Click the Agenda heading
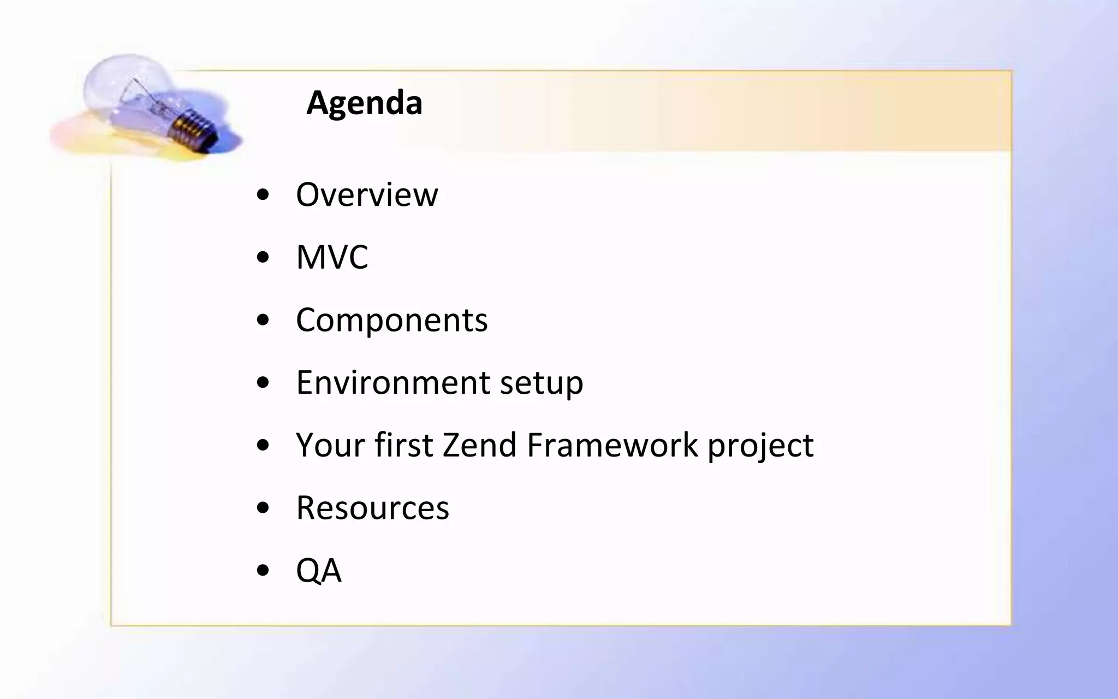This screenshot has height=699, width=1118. pyautogui.click(x=364, y=103)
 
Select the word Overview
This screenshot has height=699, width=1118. pyautogui.click(x=366, y=194)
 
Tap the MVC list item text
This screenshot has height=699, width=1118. pyautogui.click(x=332, y=257)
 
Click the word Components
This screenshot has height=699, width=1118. pyautogui.click(x=391, y=320)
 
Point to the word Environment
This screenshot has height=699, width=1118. pyautogui.click(x=393, y=382)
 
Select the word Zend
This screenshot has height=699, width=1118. pyautogui.click(x=479, y=445)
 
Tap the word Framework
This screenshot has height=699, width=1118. pyautogui.click(x=612, y=445)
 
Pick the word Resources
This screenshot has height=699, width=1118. pyautogui.click(x=372, y=508)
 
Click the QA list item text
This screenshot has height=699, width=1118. pyautogui.click(x=318, y=571)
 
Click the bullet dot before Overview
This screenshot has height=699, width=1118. pyautogui.click(x=263, y=195)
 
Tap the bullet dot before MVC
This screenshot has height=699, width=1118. pyautogui.click(x=263, y=258)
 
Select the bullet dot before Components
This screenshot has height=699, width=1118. pyautogui.click(x=263, y=321)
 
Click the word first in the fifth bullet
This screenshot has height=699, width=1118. pyautogui.click(x=403, y=445)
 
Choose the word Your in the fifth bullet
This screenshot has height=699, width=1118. pyautogui.click(x=330, y=445)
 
